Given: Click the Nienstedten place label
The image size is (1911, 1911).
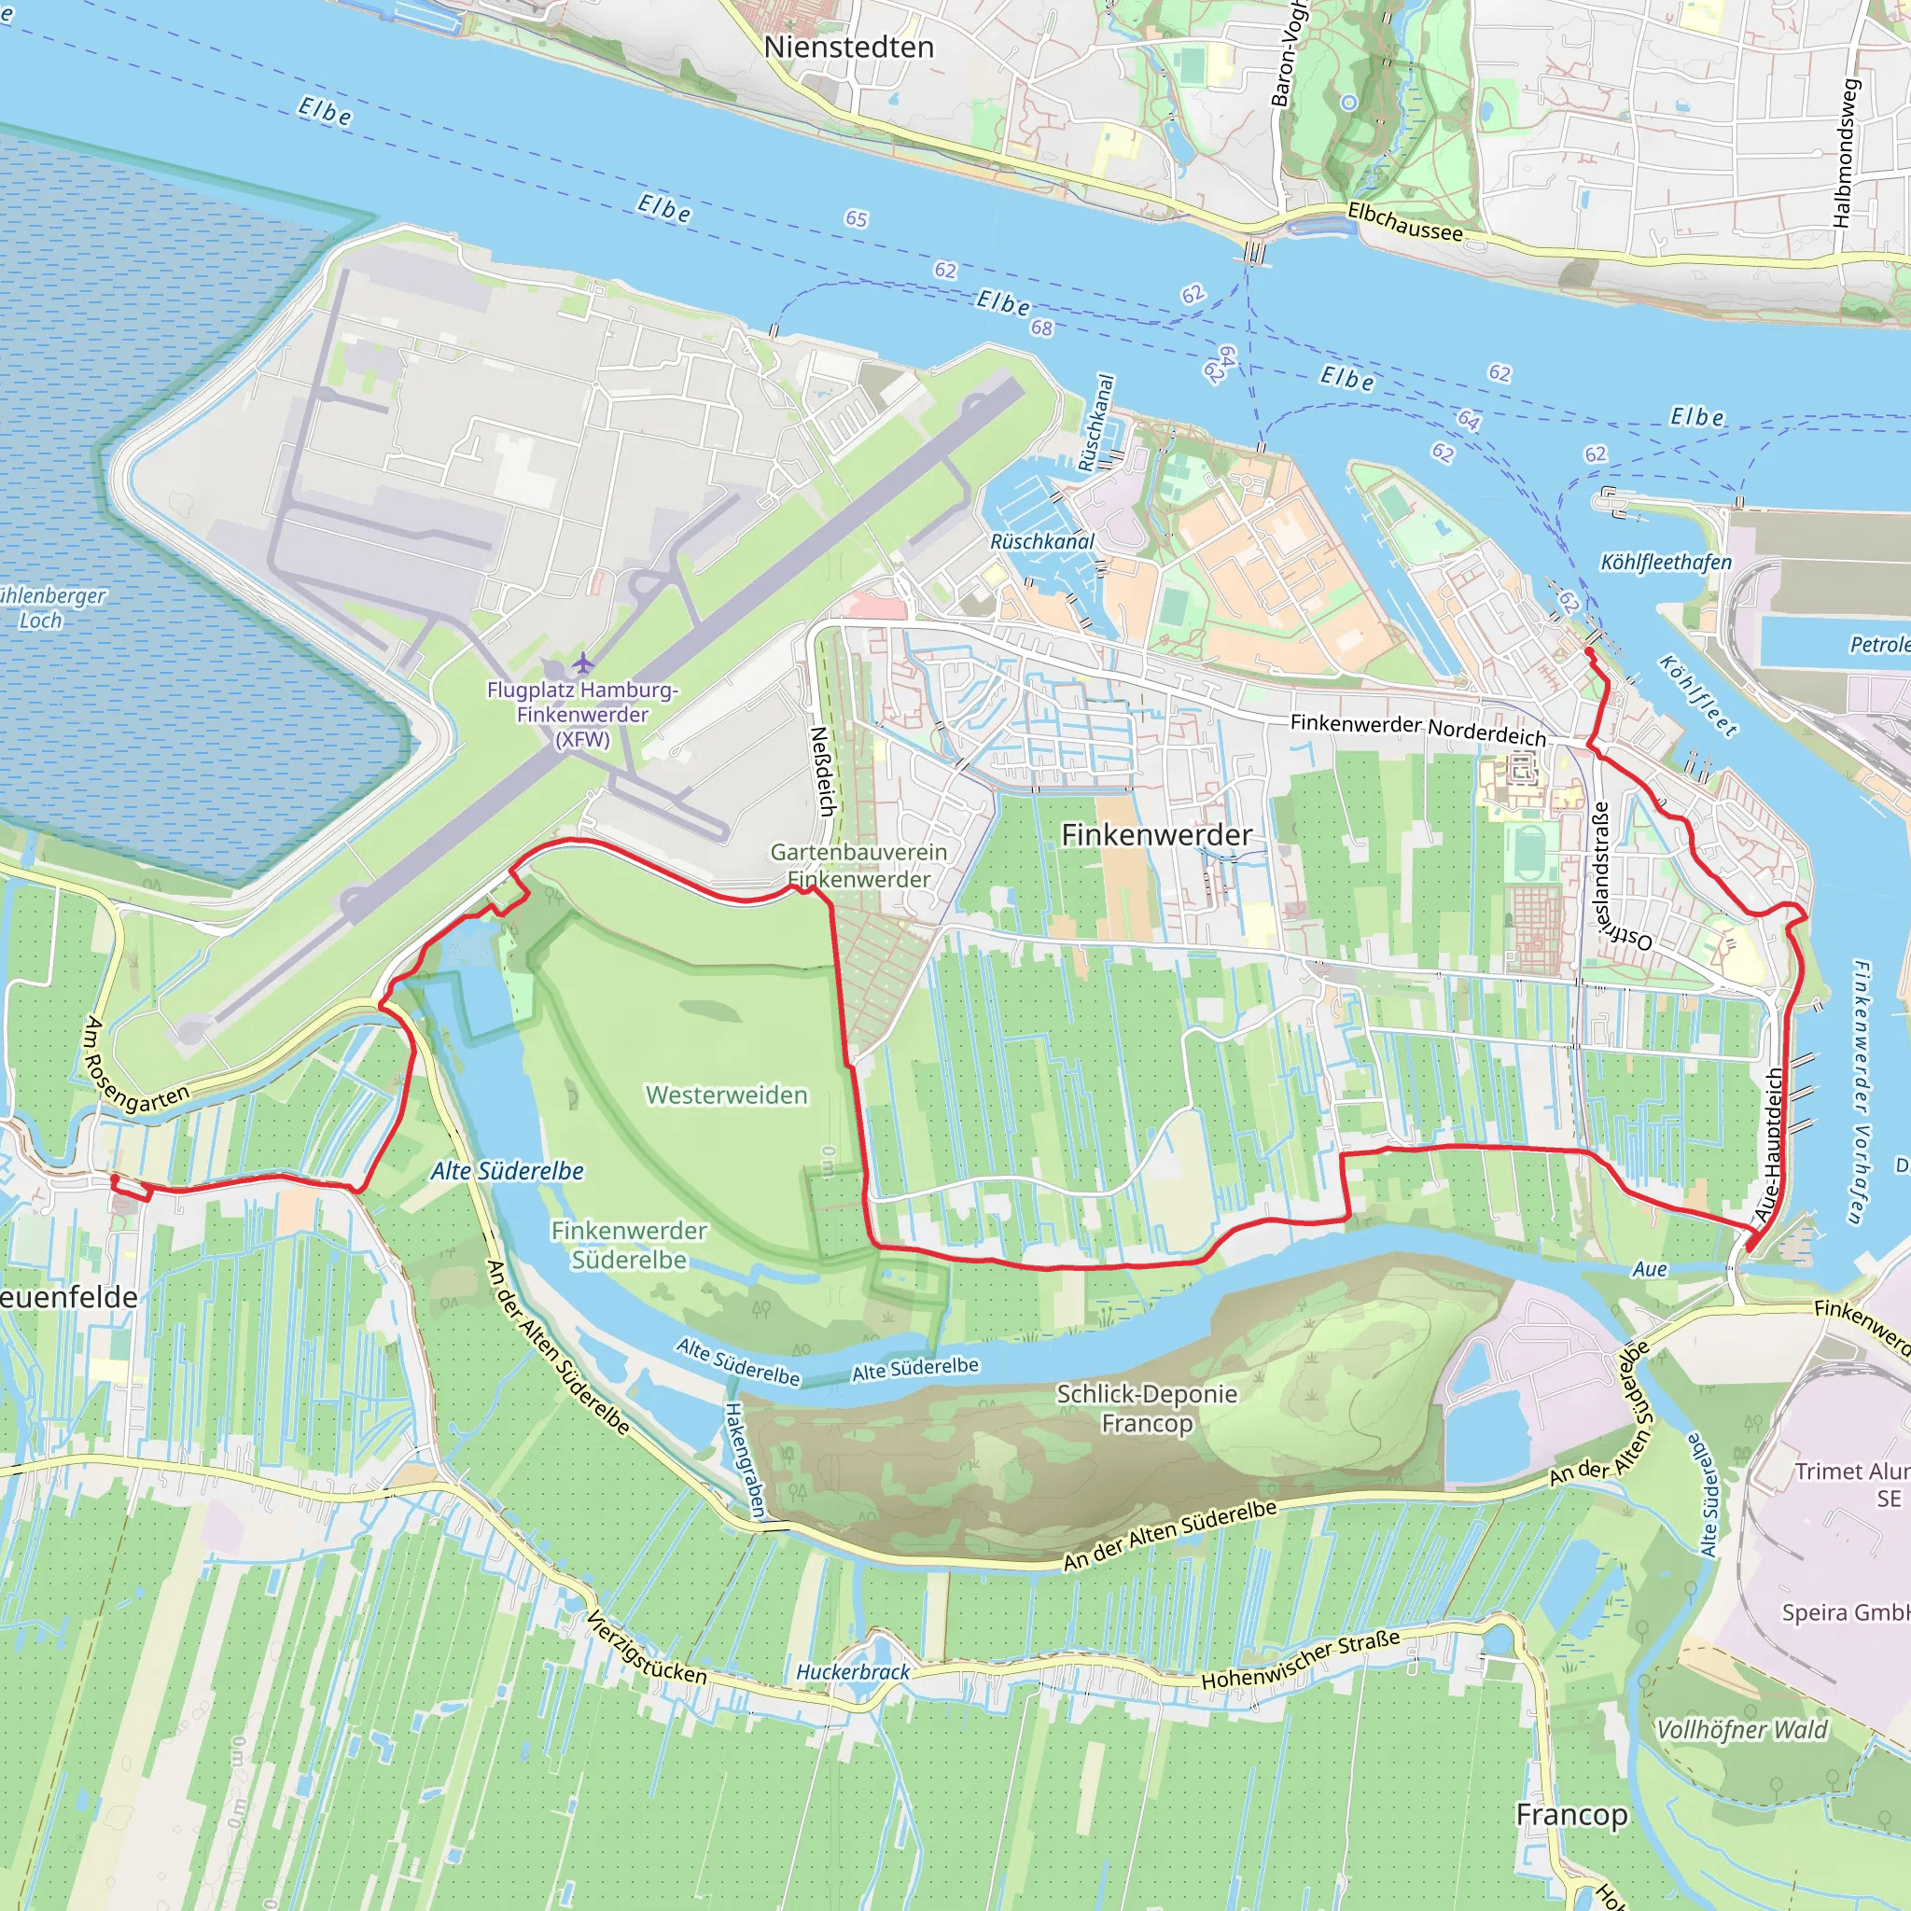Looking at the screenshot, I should point(849,47).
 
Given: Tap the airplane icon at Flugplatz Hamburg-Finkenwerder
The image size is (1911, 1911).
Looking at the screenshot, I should point(583,661).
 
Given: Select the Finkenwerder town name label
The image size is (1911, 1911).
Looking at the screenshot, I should point(1156,835).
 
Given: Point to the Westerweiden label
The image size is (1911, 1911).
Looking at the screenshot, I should point(726,1095).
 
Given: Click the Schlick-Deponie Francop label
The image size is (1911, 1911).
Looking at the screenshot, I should point(1147,1407).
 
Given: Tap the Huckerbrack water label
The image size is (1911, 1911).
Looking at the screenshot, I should point(853,1671).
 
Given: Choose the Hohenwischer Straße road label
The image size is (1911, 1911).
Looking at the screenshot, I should point(1301,1660).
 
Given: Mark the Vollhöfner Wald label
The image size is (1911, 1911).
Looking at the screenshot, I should point(1742,1729).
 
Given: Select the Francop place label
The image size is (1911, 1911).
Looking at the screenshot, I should point(1571,1815).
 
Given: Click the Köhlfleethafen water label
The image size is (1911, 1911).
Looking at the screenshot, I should point(1666,562).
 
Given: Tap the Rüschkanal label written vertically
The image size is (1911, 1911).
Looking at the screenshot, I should point(1096,423).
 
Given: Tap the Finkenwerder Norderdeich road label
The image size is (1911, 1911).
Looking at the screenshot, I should point(1417,729).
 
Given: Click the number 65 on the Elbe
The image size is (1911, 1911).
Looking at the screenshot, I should point(857,218).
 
